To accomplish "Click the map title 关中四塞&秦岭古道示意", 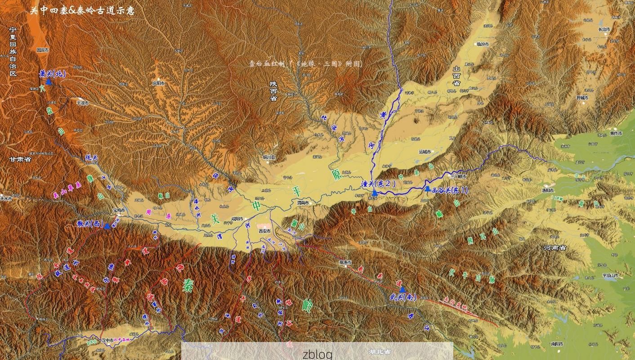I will (x=82, y=11).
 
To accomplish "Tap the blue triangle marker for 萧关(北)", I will (x=49, y=82).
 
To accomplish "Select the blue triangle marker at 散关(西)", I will (x=107, y=226).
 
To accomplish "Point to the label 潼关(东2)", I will (x=378, y=183).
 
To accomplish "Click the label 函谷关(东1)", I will (x=449, y=190).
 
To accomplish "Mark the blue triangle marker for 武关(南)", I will (x=402, y=290).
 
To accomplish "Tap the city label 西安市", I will (x=265, y=231).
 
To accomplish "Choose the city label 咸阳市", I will (x=237, y=219).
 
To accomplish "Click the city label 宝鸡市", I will (x=120, y=210).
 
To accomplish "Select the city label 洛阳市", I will (x=548, y=190).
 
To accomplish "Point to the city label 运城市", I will (x=425, y=152).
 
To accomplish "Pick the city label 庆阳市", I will (x=158, y=83).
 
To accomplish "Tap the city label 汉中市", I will (x=107, y=340).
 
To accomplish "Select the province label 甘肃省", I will (x=21, y=159).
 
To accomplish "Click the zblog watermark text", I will (x=317, y=354).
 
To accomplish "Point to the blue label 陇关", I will (x=91, y=158).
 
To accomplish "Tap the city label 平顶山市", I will (x=610, y=275).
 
